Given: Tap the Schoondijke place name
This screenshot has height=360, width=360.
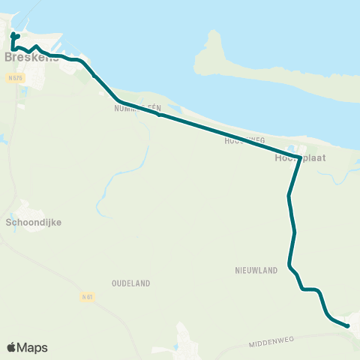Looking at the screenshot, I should point(33,223).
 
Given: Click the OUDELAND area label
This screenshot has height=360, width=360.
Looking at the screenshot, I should point(130,283).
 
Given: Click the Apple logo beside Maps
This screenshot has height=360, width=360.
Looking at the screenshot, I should point(12,347).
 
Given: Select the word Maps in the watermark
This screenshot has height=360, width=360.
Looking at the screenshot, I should point(34,348).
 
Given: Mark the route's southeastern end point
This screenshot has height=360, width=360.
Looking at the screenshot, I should point(348,326).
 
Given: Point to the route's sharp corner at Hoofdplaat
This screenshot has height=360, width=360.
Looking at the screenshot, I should point(300,157).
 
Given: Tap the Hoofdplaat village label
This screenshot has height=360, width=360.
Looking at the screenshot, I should point(289,158).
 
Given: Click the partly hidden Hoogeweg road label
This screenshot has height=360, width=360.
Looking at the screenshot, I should point(244,140).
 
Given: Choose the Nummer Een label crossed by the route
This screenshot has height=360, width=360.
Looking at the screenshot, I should point(135,108).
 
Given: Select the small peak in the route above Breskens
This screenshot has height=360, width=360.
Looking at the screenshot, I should point(37,46).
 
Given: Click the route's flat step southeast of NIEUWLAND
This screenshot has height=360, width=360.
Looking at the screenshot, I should point(310,289).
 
